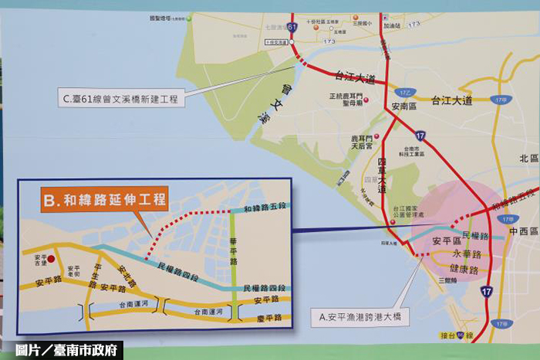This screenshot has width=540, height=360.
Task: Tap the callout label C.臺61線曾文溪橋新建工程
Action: [x=121, y=99]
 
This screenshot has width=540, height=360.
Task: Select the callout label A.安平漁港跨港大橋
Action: [x=359, y=315]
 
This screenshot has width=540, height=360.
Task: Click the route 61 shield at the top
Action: [x=291, y=26]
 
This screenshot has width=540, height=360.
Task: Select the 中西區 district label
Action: [x=521, y=229]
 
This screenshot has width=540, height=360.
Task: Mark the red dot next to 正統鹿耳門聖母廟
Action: [x=367, y=101]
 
